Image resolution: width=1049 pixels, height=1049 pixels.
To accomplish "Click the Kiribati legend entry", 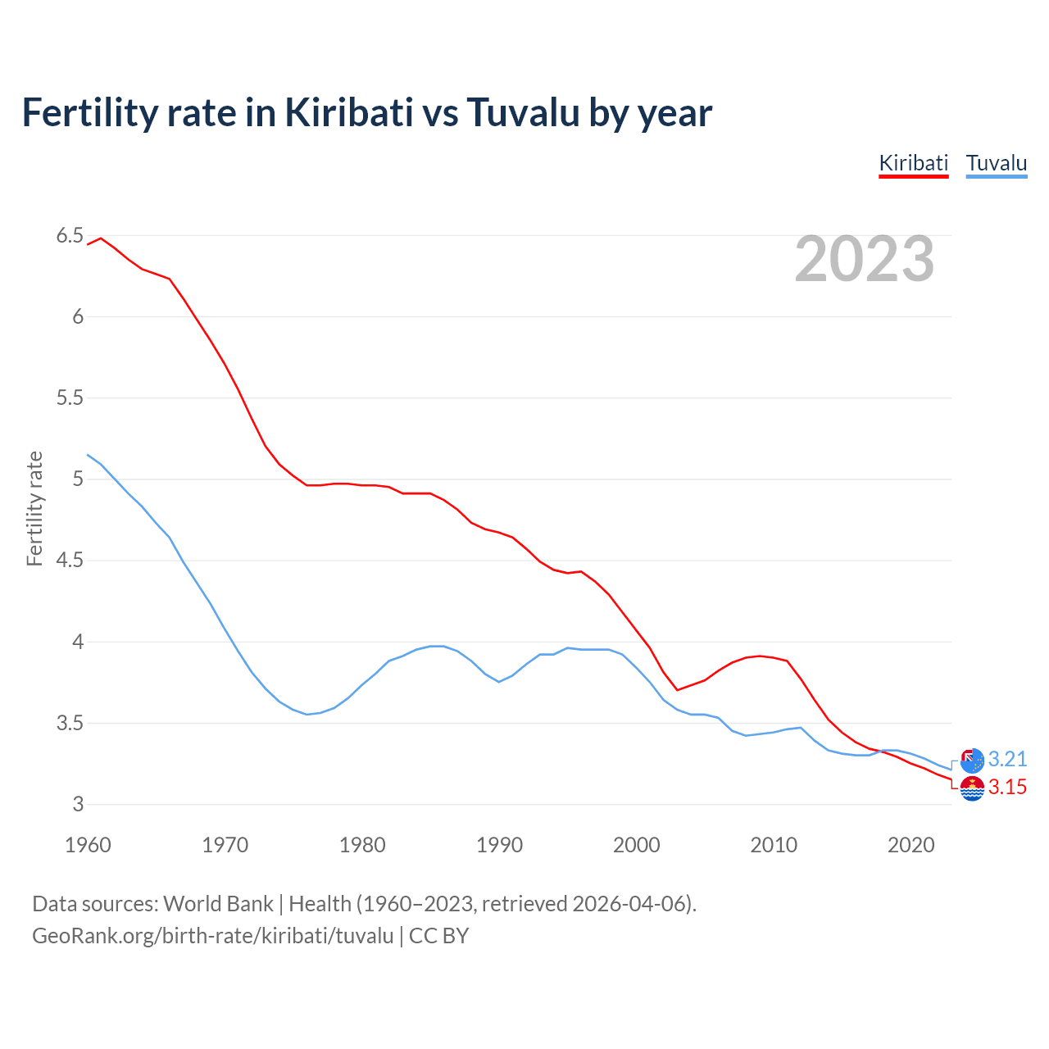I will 913,163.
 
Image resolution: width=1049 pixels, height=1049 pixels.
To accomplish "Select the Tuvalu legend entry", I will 996,163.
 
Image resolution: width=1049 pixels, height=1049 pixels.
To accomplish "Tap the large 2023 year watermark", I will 864,259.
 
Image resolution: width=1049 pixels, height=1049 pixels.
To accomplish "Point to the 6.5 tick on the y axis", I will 70,236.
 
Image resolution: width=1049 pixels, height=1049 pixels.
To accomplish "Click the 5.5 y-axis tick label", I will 70,398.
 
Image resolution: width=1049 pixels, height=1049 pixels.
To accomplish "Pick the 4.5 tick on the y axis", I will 70,561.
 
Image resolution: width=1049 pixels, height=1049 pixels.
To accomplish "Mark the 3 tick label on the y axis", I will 78,804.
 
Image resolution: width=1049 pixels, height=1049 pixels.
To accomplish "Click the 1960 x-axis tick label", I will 88,845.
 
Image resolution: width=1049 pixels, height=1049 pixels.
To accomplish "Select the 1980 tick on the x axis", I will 362,845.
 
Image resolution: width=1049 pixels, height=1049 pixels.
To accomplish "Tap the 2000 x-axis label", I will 636,845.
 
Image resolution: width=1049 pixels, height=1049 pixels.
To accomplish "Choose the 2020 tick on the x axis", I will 910,845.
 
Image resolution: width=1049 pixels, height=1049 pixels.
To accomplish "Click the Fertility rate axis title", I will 34,508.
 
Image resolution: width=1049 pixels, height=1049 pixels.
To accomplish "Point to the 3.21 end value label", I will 1007,759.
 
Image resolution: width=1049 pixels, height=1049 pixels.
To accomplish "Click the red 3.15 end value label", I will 1007,787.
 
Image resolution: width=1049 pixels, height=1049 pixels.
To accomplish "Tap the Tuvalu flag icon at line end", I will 972,761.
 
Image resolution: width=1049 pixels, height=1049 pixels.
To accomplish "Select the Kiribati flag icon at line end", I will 972,788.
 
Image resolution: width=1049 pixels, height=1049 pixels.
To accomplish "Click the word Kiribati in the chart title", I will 348,112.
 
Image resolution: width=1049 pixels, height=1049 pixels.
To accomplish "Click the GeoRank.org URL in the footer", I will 213,936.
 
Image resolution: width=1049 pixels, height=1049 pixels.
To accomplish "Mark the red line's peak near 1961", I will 101,238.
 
